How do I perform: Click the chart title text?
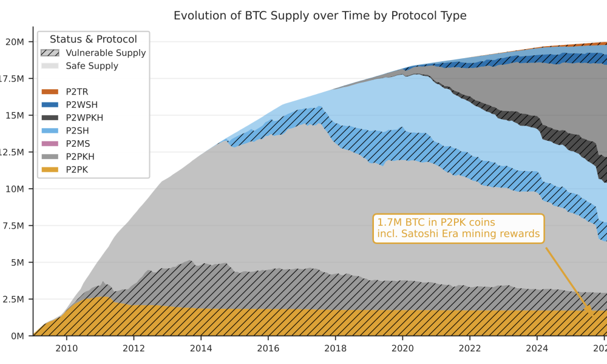(x=320, y=16)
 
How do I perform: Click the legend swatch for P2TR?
(x=50, y=92)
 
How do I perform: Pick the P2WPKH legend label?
(x=84, y=118)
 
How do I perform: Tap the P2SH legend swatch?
(x=50, y=131)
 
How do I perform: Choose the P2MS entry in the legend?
(x=78, y=144)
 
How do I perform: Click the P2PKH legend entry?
(x=80, y=157)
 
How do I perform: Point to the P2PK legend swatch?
(x=50, y=170)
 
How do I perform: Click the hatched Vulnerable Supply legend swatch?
(x=50, y=53)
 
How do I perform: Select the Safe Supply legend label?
(x=92, y=66)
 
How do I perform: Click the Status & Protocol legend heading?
(x=93, y=39)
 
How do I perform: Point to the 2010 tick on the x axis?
(x=66, y=348)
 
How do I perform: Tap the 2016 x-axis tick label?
(x=268, y=348)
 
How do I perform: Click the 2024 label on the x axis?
(x=537, y=348)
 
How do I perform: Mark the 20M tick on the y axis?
(x=15, y=42)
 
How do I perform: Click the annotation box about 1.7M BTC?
(x=458, y=229)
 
